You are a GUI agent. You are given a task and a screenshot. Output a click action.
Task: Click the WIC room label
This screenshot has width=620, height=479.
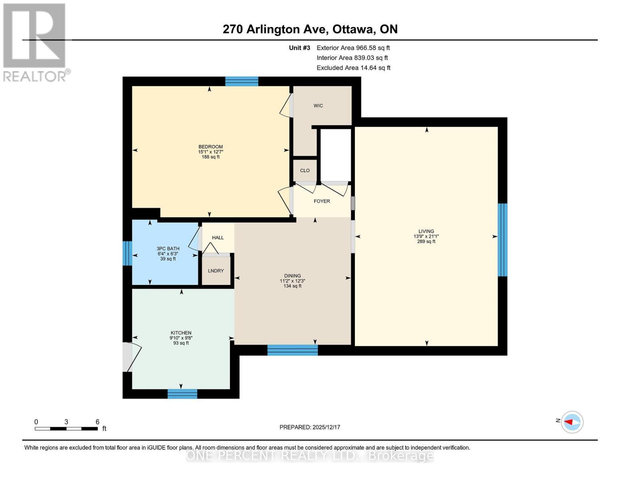(x=318, y=106)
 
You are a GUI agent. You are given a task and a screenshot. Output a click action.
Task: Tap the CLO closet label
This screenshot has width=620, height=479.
(x=305, y=170)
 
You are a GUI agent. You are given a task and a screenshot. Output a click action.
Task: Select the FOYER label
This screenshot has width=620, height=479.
(x=322, y=201)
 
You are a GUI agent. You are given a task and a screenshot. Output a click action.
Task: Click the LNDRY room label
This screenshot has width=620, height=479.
(x=216, y=271)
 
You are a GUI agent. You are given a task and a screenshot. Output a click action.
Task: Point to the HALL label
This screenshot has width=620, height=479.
(x=218, y=238)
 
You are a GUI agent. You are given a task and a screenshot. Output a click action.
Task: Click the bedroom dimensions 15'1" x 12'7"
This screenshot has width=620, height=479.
(x=210, y=152)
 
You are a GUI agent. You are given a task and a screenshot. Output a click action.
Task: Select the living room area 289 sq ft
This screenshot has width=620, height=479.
(x=426, y=241)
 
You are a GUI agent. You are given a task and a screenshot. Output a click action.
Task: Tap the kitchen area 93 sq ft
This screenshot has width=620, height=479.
(x=181, y=343)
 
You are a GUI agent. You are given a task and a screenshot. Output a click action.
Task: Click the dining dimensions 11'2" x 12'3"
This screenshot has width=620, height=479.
(x=292, y=281)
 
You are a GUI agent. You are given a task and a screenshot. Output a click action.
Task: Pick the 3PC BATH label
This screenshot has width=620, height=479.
(x=168, y=249)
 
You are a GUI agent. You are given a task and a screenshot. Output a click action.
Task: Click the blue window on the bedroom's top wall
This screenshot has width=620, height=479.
(x=242, y=81)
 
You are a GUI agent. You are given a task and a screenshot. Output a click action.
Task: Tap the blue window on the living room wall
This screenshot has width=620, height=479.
(x=502, y=239)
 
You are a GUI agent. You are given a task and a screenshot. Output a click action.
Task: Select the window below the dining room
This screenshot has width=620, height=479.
(x=292, y=350)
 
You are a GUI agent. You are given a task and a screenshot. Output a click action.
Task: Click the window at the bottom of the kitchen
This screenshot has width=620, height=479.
(x=182, y=394)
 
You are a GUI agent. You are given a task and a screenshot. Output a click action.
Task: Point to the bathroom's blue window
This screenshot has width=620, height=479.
(x=127, y=253)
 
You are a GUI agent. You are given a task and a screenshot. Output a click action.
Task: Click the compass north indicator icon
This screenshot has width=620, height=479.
(x=572, y=422)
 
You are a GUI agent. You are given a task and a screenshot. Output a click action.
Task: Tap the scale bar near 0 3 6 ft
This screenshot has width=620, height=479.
(x=66, y=429)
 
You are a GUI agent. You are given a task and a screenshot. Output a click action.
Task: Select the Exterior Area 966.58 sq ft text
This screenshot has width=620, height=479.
(x=353, y=48)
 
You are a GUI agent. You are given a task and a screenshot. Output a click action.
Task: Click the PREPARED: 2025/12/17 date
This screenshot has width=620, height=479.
(x=310, y=427)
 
